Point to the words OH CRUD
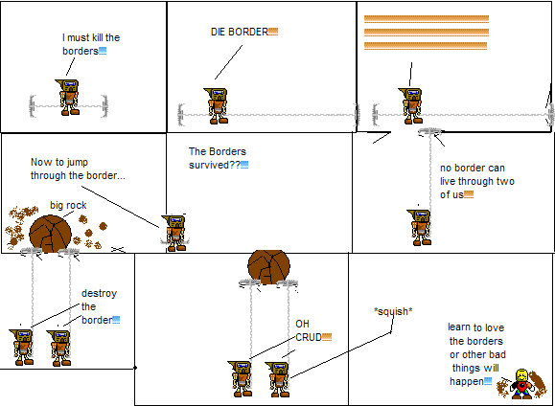coord(306,328)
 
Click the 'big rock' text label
coord(68,205)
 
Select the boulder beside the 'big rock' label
coord(53,233)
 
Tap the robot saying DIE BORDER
coord(218,104)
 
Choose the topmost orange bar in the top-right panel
coord(427,19)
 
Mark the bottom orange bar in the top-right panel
coord(427,58)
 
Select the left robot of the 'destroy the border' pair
coord(23,347)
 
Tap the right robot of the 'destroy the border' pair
coord(59,347)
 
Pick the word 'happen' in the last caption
coord(466,381)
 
